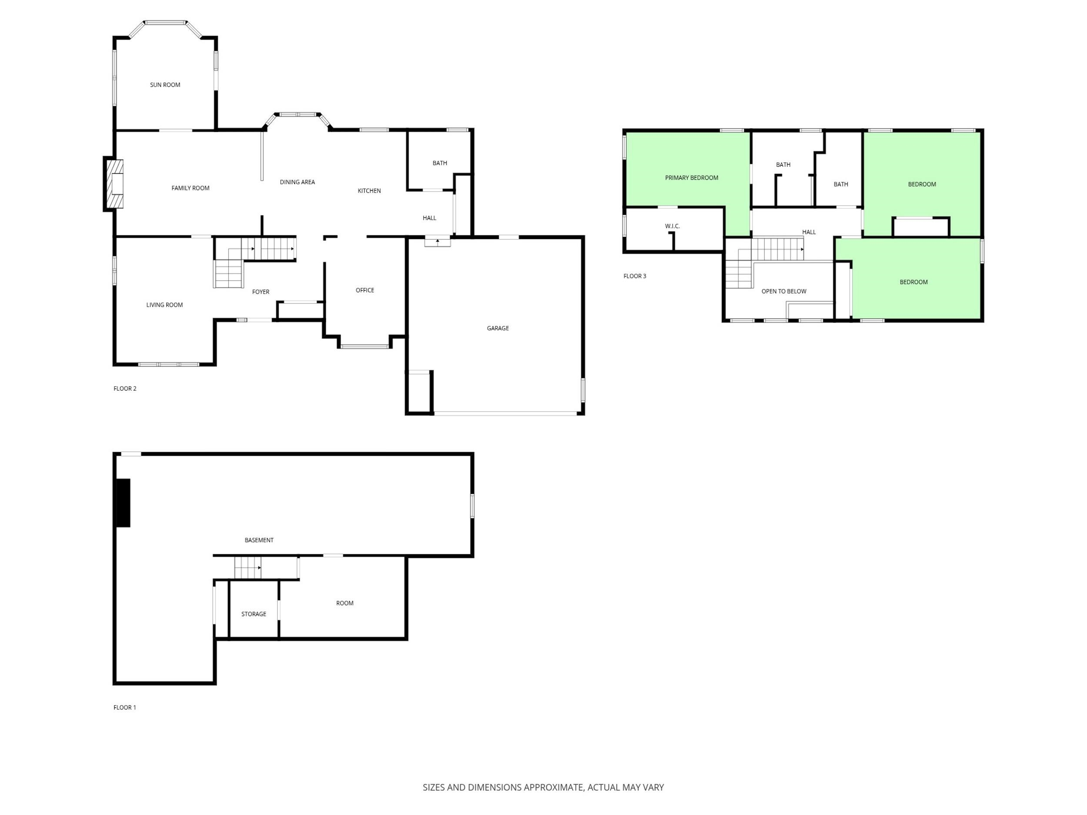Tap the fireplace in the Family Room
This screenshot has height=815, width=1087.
point(113,184)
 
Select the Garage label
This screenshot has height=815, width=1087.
point(498,328)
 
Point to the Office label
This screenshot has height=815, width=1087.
point(365,290)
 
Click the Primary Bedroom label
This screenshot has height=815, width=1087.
point(691,178)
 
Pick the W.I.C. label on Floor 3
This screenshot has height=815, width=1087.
point(672,226)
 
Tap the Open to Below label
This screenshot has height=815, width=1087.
point(784,291)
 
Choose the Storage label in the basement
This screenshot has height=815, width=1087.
point(253,614)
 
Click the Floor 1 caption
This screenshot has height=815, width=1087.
point(125,707)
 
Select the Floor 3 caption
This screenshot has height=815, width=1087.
point(635,276)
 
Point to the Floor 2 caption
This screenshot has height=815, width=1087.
point(125,389)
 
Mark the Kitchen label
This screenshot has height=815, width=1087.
point(369,191)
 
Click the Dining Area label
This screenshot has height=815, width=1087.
point(297,182)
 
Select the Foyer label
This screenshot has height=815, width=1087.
point(260,292)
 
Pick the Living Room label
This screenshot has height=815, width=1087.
point(165,305)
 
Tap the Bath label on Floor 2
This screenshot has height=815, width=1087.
point(440,163)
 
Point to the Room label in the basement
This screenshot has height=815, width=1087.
point(344,603)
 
